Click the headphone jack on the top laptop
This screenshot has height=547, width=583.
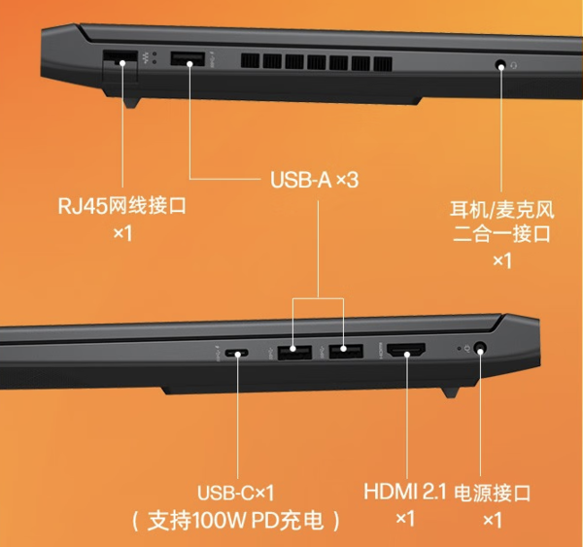501,66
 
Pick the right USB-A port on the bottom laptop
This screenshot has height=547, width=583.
344,352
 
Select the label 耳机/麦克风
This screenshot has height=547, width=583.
502,208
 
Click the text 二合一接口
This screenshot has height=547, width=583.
502,233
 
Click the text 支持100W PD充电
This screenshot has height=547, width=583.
236,520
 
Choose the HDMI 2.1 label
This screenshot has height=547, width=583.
405,493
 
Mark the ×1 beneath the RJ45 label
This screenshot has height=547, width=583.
121,234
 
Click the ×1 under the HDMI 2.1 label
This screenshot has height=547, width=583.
405,520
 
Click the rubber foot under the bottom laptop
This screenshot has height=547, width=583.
449,390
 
